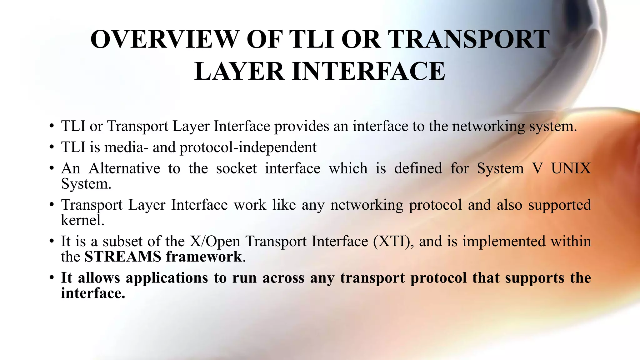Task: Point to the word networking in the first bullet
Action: click(x=488, y=127)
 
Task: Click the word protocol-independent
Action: click(x=248, y=147)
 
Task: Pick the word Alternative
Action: click(x=124, y=168)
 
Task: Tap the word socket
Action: click(x=236, y=168)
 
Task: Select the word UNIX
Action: click(x=571, y=168)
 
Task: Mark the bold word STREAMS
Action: click(x=123, y=257)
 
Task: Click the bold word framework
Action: click(x=204, y=257)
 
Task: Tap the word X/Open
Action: click(x=215, y=242)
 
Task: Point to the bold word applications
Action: click(x=167, y=278)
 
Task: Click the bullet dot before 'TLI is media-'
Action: click(x=52, y=147)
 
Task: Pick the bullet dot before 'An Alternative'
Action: click(x=52, y=169)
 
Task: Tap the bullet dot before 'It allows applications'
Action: click(x=52, y=278)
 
